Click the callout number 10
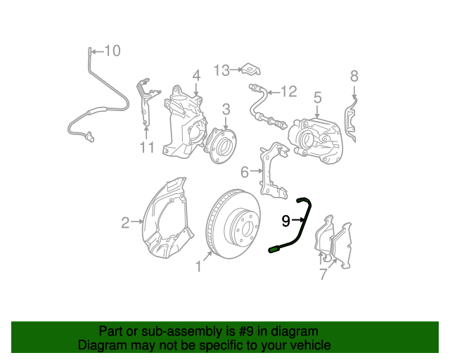coord(112,51)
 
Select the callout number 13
coord(221,70)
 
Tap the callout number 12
coord(289,91)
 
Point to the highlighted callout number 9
coord(285,221)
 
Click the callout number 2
coord(125,223)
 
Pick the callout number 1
coord(198,267)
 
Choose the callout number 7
coord(323,274)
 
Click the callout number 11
coord(146,148)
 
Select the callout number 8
coord(354,76)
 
